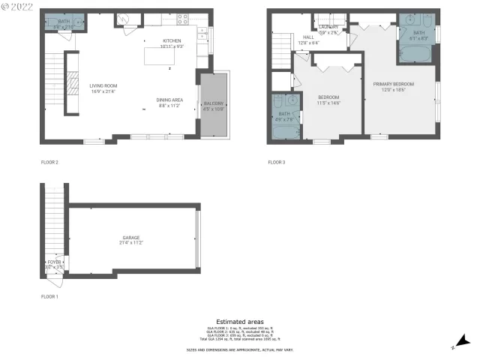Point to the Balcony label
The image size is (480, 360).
[213, 103]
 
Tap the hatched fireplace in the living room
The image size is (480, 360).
[73, 82]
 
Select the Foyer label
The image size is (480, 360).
[54, 262]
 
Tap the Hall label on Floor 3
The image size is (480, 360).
[308, 37]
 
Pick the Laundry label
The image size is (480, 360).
[329, 28]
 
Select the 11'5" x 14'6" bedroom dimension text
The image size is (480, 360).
[329, 103]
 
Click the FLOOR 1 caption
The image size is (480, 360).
[49, 297]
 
